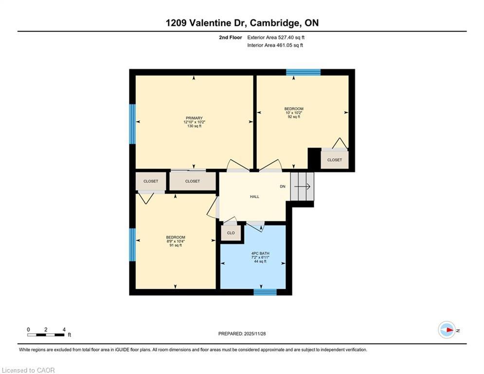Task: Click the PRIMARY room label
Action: (194, 118)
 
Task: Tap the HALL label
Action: (254, 197)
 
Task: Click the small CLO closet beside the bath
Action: (231, 233)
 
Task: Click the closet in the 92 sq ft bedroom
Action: (334, 160)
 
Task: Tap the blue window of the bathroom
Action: (265, 292)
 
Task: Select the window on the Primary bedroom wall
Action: (132, 124)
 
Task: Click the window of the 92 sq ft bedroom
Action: (303, 72)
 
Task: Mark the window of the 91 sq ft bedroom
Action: (132, 244)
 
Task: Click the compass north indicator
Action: (447, 330)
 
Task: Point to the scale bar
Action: (46, 335)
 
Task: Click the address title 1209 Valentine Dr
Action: (242, 23)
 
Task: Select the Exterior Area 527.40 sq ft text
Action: (276, 37)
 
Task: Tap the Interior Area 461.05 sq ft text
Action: (275, 45)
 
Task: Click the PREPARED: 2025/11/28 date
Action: (242, 334)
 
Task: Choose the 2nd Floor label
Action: (230, 37)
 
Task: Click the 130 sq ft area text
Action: (194, 126)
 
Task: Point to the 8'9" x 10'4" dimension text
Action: (175, 241)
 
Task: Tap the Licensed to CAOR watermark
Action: (28, 370)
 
